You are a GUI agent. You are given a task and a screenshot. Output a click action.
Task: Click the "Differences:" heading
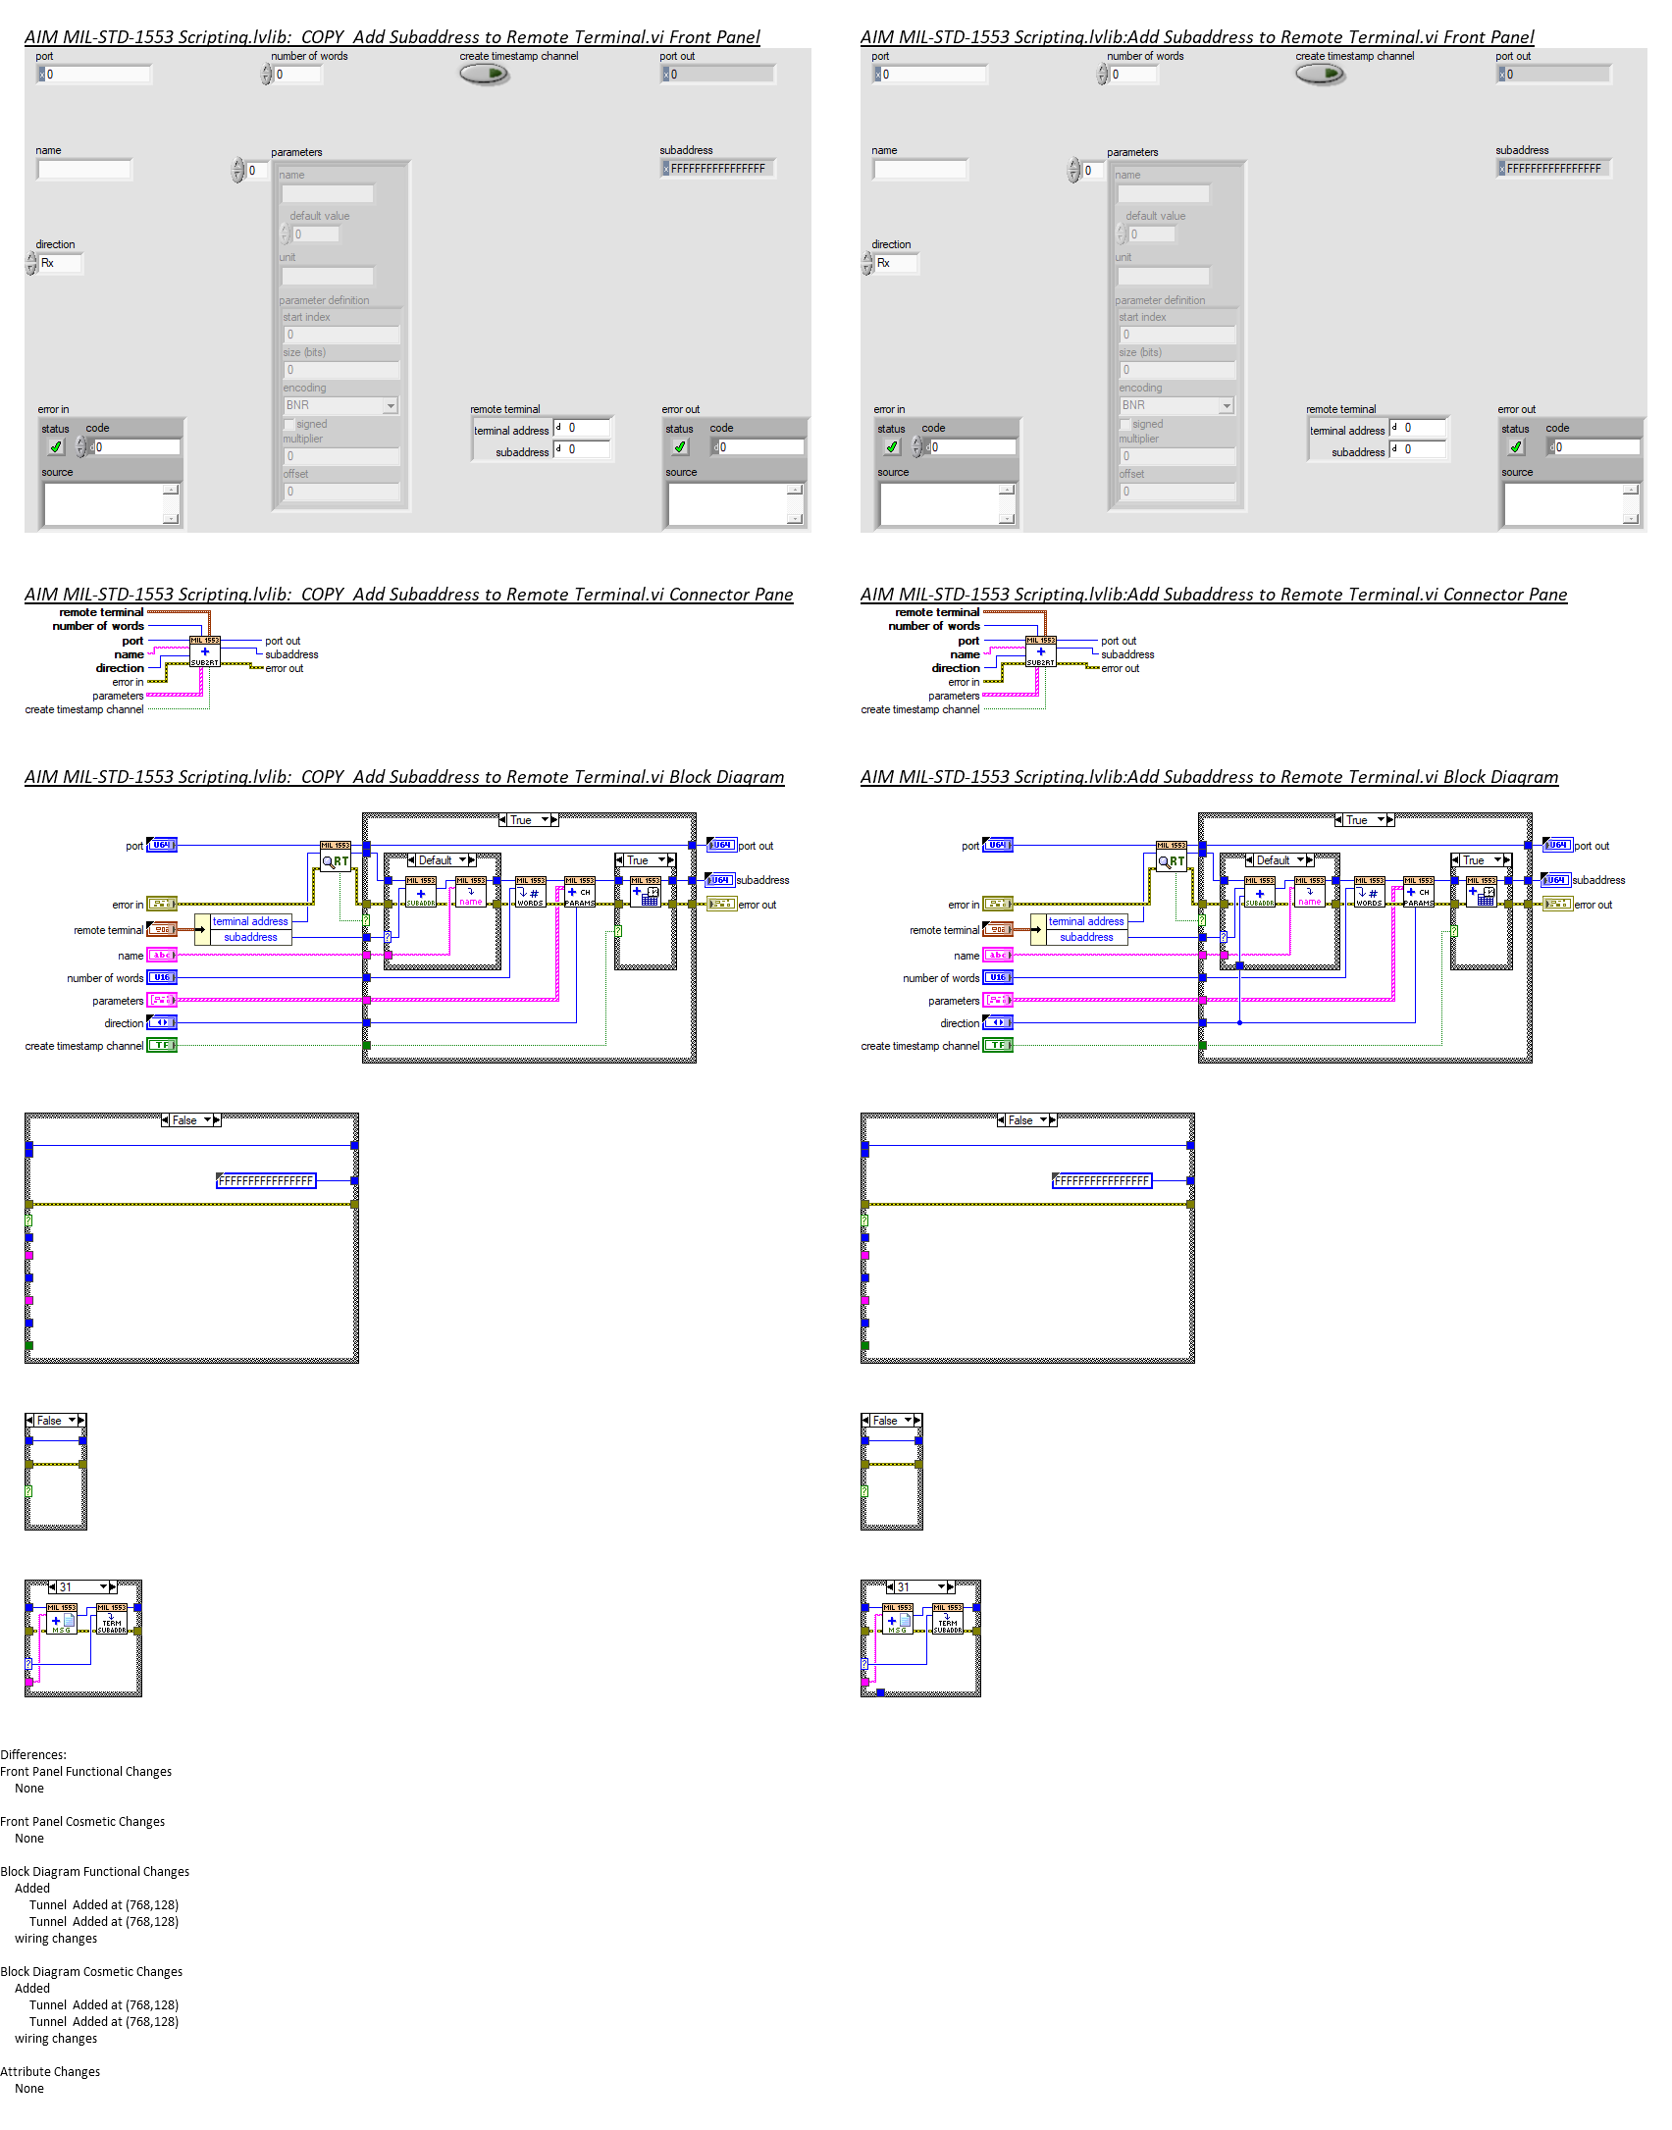(x=33, y=1754)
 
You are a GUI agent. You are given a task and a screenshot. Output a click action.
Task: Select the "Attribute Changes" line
(x=50, y=2071)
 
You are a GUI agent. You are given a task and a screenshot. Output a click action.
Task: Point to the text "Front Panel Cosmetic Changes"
(x=82, y=1821)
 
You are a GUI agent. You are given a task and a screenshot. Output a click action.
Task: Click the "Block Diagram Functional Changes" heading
(x=95, y=1871)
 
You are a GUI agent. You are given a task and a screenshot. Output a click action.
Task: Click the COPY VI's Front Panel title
(x=392, y=37)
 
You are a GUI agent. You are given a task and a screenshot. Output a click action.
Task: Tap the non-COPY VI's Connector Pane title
(x=1213, y=595)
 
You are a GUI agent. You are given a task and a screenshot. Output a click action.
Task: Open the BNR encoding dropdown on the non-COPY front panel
(x=1226, y=405)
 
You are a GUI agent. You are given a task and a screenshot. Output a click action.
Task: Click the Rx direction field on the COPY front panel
(x=60, y=263)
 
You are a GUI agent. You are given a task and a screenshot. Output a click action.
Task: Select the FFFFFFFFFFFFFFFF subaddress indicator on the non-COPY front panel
(x=1553, y=169)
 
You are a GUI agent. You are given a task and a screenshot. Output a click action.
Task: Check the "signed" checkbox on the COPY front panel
(x=289, y=424)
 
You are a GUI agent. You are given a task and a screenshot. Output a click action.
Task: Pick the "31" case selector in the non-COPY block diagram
(x=920, y=1586)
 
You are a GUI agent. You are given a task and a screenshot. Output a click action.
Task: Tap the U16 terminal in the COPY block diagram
(x=162, y=977)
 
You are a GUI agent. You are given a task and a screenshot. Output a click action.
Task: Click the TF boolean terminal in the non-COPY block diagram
(x=998, y=1045)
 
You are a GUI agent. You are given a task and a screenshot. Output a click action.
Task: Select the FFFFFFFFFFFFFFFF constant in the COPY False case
(x=266, y=1181)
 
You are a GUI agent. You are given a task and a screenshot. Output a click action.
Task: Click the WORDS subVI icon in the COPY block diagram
(x=530, y=892)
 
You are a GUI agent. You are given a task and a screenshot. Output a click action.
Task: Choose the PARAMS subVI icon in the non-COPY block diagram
(x=1418, y=892)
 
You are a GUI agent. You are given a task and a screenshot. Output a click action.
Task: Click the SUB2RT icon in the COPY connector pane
(x=204, y=651)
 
